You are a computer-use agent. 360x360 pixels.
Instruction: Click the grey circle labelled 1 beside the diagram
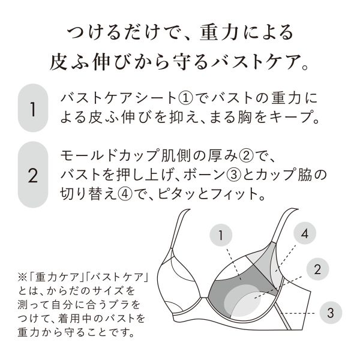221,235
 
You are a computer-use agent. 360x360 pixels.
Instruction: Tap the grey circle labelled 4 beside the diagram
305,233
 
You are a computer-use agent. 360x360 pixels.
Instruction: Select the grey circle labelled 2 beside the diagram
318,269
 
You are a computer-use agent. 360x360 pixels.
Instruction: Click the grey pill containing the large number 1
33,108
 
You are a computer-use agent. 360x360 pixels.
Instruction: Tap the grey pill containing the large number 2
33,175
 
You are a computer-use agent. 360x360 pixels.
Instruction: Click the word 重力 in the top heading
218,32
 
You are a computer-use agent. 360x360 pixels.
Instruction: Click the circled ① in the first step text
185,98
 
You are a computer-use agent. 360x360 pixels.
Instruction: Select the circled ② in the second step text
246,156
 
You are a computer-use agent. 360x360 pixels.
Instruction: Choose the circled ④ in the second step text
125,194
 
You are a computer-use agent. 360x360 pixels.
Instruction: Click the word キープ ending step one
290,118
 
